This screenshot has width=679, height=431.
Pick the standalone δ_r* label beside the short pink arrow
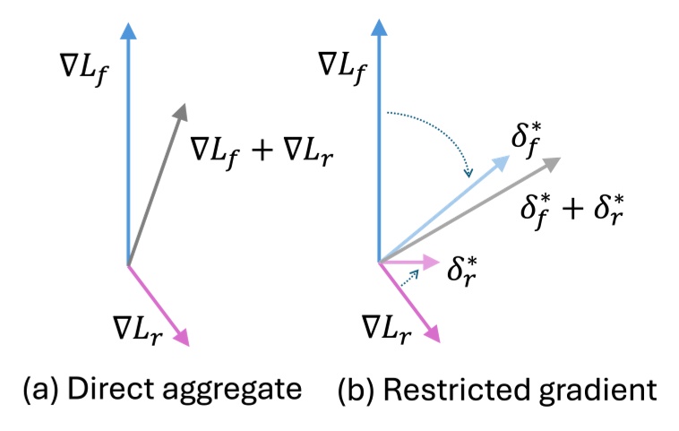coord(468,268)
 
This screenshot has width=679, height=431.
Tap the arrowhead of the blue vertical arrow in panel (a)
coord(129,30)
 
